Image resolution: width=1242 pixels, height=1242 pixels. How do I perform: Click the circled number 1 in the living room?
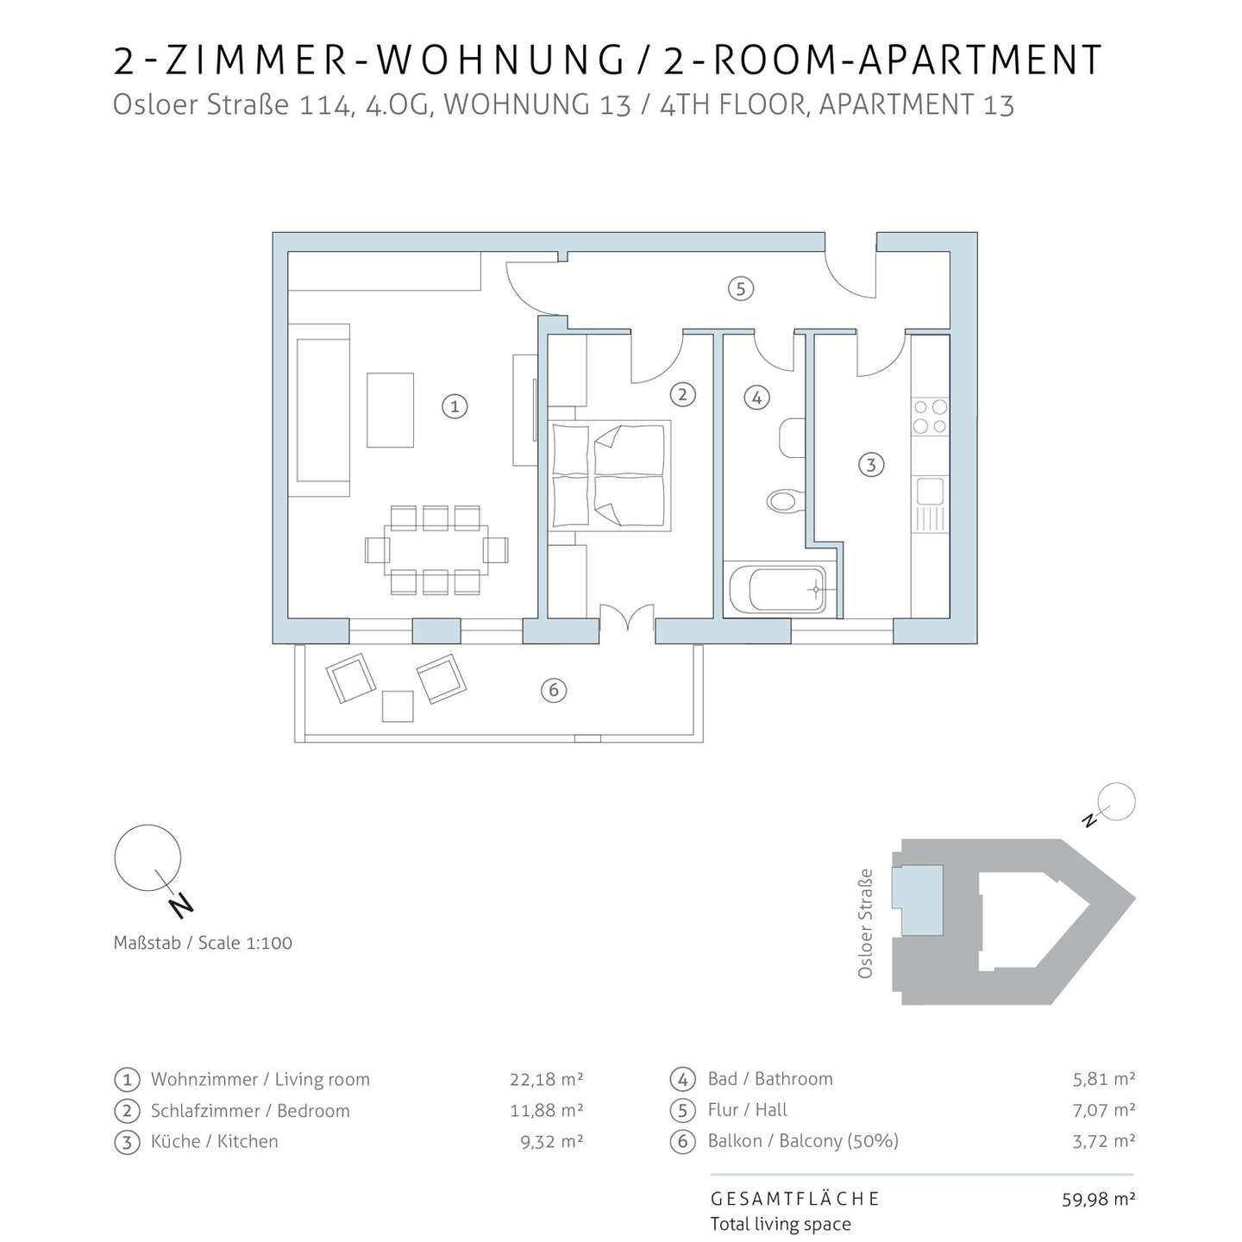pos(455,406)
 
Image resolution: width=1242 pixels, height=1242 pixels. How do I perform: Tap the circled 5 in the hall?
pos(741,288)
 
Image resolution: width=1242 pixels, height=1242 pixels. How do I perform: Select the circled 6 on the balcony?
pos(553,690)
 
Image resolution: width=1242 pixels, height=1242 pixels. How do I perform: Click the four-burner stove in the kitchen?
pos(930,417)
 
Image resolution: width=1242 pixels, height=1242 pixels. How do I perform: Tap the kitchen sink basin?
pos(930,491)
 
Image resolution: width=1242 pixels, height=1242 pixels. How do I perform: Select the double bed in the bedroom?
pos(609,475)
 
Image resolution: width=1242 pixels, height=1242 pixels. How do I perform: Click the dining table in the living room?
pos(436,549)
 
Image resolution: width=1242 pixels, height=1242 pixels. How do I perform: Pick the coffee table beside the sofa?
pos(390,410)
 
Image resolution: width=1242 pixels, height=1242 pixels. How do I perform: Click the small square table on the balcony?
pos(397,706)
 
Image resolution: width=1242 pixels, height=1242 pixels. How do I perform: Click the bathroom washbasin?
pos(793,438)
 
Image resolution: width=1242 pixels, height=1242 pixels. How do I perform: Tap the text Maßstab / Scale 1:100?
pos(203,943)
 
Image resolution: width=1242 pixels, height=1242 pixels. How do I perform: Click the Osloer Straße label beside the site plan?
pos(865,923)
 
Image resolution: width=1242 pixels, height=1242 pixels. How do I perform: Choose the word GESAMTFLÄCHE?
pos(794,1199)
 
